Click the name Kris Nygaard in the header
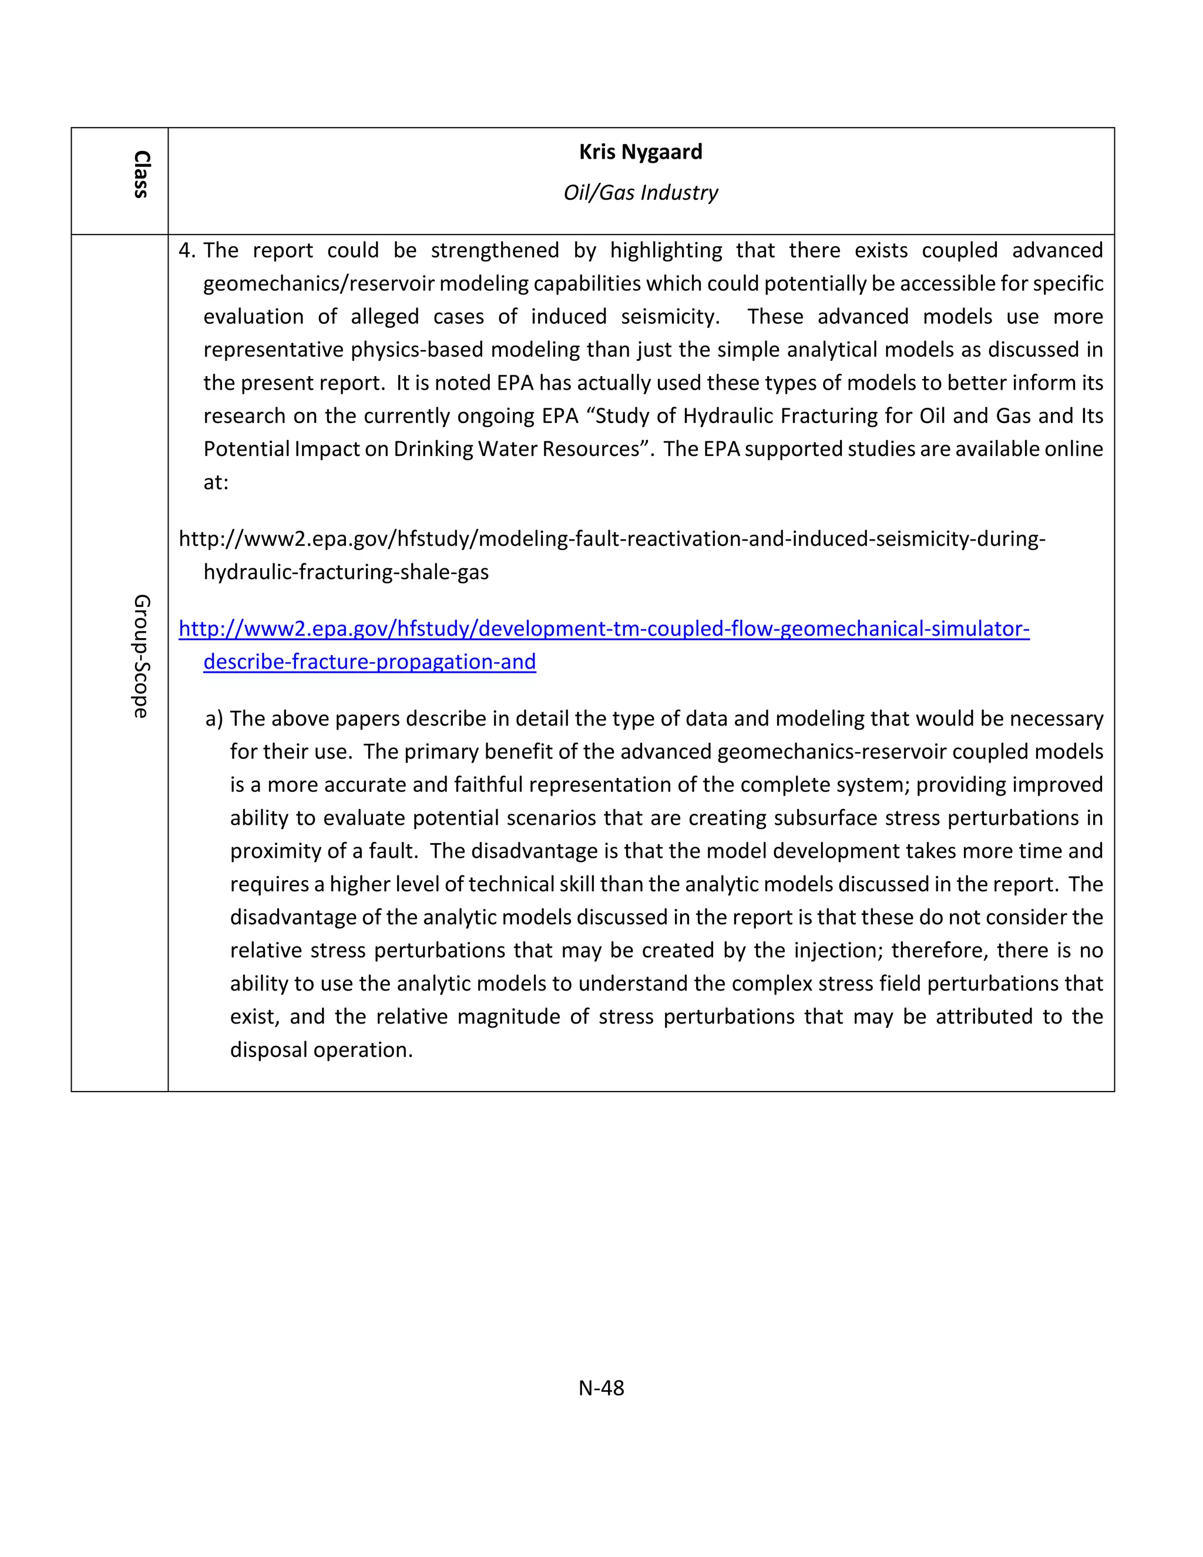coord(640,152)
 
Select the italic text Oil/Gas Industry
coord(640,193)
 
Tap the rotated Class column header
coord(141,174)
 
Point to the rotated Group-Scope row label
coord(141,656)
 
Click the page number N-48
coord(601,1387)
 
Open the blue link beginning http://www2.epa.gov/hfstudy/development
coord(604,628)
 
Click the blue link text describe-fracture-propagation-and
coord(369,662)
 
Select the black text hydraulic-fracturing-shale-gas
coord(345,572)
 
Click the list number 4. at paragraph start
coord(187,250)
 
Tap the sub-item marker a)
coord(214,719)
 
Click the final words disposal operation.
coord(321,1050)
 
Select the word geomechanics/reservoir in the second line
coord(318,284)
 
